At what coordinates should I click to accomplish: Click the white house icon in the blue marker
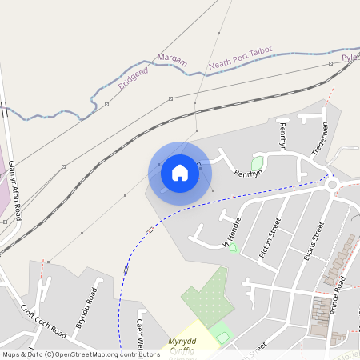coord(180,173)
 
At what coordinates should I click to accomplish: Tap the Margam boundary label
coord(172,59)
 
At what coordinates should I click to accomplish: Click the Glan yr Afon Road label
coord(14,190)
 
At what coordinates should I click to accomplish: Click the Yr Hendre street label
coord(230,230)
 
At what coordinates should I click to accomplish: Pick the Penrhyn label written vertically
coord(282,136)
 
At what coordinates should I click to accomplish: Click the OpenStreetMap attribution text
coord(80,354)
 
